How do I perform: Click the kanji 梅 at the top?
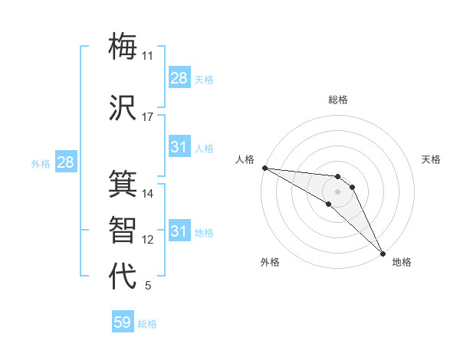(123, 46)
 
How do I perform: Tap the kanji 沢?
(123, 108)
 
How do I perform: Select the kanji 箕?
(123, 184)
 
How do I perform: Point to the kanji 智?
(123, 230)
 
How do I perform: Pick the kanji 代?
(123, 277)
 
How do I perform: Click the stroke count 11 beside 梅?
(148, 56)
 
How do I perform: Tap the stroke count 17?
(148, 117)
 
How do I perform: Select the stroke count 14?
(148, 194)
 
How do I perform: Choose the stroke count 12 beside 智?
(148, 240)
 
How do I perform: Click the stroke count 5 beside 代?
(148, 286)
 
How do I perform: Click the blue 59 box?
(123, 322)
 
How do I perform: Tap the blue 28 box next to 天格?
(179, 78)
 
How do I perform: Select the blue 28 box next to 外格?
(65, 162)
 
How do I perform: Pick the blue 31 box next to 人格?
(179, 147)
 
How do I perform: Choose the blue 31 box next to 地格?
(179, 231)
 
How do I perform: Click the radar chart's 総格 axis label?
(338, 100)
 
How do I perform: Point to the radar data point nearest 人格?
(264, 168)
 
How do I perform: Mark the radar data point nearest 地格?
(383, 253)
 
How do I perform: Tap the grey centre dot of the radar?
(338, 191)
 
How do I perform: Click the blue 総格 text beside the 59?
(147, 324)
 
